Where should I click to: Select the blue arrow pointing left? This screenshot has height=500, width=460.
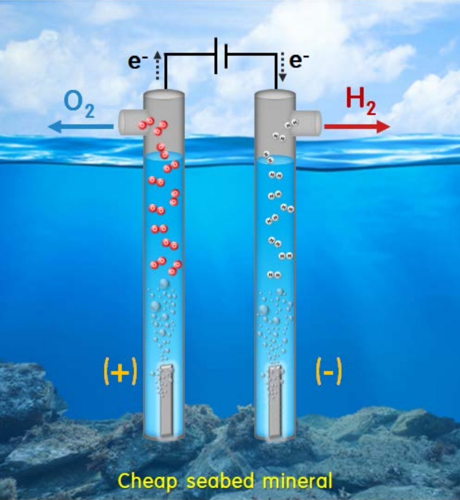pyautogui.click(x=81, y=126)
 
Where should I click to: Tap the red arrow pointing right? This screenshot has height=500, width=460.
pyautogui.click(x=357, y=126)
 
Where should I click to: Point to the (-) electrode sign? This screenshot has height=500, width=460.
pyautogui.click(x=328, y=373)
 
